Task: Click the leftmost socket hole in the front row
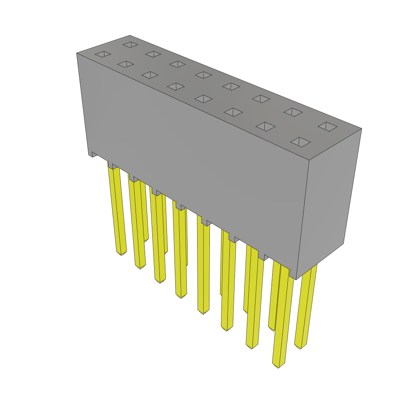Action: tap(103, 54)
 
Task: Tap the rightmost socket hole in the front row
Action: tap(300, 142)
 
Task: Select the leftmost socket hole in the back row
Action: tap(130, 45)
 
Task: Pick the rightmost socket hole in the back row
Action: tap(328, 126)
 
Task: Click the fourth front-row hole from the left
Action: tap(176, 86)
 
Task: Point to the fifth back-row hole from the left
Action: tap(231, 86)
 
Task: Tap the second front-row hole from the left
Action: tap(126, 64)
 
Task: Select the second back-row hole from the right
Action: tap(293, 112)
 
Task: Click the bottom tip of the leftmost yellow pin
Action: tap(121, 252)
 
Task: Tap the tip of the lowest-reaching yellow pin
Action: tap(278, 365)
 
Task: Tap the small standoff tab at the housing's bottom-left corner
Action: tap(92, 154)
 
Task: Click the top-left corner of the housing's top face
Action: tap(77, 54)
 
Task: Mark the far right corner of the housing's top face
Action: tap(361, 129)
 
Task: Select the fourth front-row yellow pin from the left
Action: tap(180, 254)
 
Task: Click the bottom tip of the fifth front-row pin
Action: tap(203, 311)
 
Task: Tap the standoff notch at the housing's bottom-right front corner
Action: tap(293, 274)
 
